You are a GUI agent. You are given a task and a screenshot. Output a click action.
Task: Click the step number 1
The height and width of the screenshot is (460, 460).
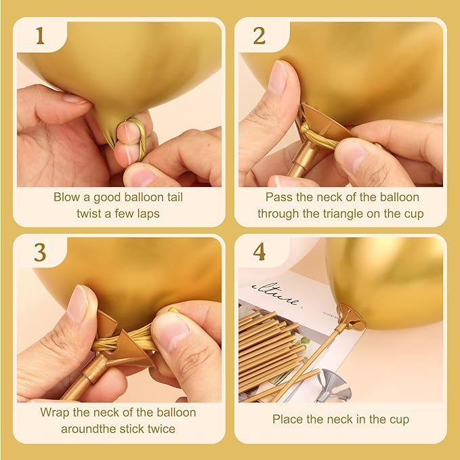[40, 36]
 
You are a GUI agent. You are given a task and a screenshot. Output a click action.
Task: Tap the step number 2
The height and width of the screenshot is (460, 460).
[259, 36]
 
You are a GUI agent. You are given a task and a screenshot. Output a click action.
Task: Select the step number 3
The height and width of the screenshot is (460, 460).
[40, 253]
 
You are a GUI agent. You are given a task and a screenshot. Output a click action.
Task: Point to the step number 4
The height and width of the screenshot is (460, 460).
[259, 252]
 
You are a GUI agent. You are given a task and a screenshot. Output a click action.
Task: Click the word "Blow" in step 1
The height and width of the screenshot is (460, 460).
[66, 197]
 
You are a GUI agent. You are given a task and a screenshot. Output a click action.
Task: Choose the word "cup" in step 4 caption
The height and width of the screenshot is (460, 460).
[399, 420]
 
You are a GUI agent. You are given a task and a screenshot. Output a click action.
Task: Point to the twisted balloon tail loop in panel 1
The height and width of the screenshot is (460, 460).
[138, 138]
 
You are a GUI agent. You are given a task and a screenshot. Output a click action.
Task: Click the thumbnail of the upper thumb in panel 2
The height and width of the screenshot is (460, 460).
[278, 77]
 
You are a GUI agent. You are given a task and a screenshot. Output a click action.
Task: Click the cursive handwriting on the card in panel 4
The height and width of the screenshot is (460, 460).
[276, 294]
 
